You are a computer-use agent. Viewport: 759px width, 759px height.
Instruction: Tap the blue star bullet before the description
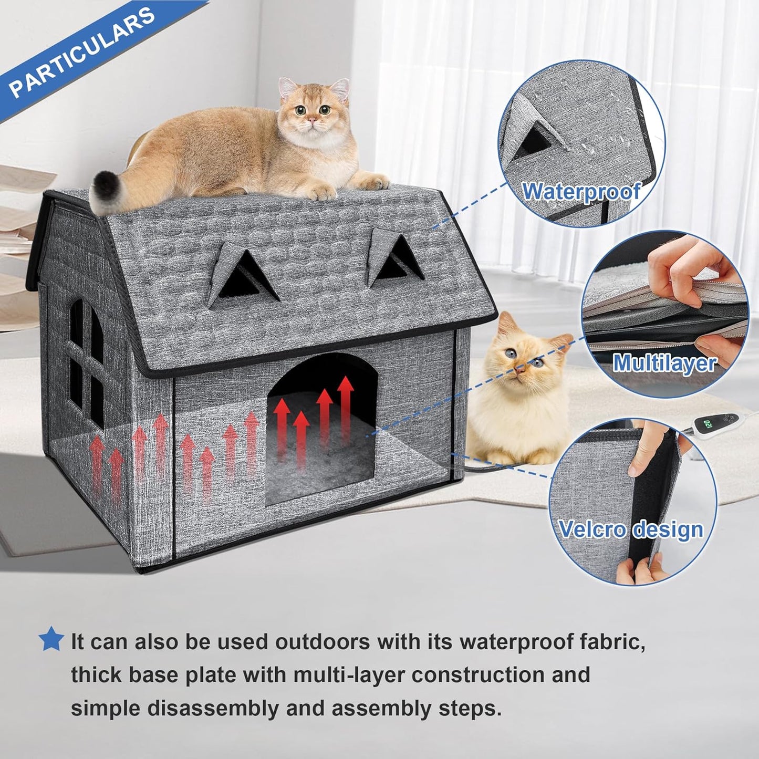pos(51,639)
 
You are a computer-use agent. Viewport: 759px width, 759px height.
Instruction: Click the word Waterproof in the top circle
pos(581,192)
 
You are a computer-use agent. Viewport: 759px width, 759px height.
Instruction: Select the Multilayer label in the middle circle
pos(664,363)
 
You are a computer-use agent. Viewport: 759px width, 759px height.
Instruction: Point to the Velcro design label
pos(630,529)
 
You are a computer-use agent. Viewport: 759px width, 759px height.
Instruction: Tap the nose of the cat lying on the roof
pos(312,120)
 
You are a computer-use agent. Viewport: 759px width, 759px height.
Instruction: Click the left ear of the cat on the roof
pos(287,87)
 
